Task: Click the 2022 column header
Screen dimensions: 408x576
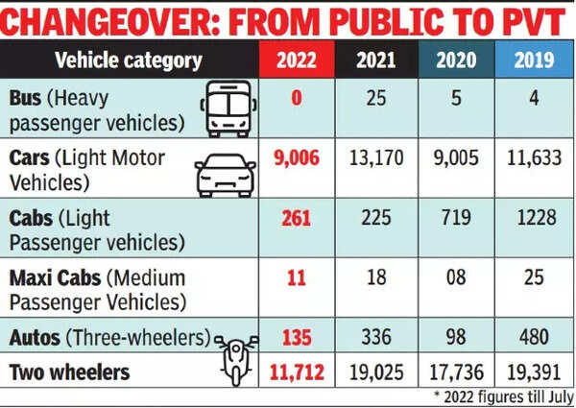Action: tap(297, 60)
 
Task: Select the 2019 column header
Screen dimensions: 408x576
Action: tap(533, 60)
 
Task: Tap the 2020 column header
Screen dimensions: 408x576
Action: tap(455, 60)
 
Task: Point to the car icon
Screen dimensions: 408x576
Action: tap(226, 175)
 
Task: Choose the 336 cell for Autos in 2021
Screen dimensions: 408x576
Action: tap(375, 337)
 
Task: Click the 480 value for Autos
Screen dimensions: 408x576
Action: tap(533, 337)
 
